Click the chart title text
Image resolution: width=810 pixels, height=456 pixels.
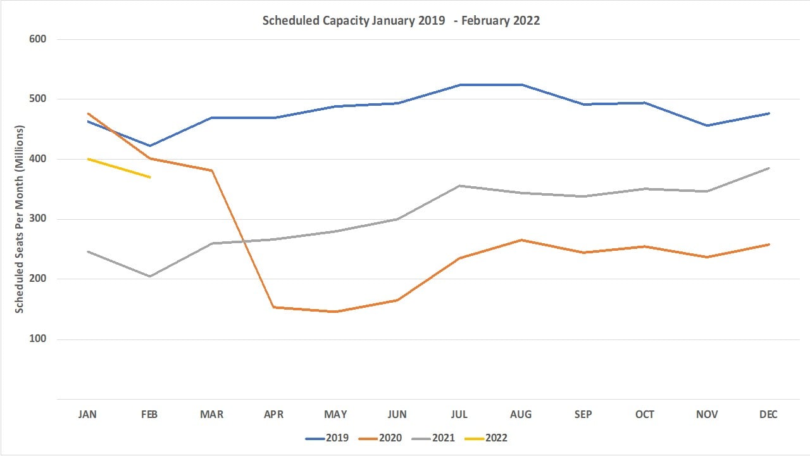point(401,20)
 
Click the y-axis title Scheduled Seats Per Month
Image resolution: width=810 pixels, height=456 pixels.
point(20,219)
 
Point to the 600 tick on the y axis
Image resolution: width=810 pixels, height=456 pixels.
point(38,39)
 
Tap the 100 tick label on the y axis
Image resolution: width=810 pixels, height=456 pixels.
point(38,339)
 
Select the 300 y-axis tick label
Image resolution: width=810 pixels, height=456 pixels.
point(38,219)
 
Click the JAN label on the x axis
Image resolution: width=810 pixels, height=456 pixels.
point(87,415)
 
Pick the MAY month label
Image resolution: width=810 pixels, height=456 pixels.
point(335,415)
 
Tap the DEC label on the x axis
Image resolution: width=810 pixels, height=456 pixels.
point(768,415)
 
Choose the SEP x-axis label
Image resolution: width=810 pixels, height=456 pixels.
point(583,415)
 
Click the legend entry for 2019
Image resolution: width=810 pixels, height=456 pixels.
point(327,438)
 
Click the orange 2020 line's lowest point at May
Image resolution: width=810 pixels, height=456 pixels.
point(335,312)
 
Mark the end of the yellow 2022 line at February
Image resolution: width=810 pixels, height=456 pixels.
point(149,177)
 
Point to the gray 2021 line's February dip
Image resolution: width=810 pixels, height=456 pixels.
point(149,276)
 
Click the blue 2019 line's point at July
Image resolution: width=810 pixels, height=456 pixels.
point(459,85)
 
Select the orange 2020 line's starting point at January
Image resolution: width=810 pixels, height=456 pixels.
point(87,113)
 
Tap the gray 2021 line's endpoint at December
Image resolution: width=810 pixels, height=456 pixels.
point(768,168)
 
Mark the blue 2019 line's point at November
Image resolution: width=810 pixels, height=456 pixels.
point(707,125)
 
